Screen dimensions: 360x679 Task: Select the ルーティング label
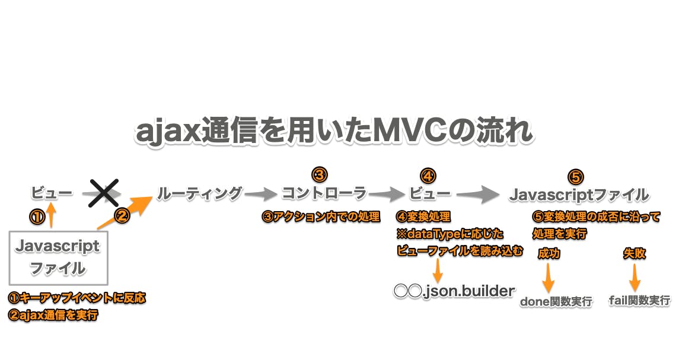coord(200,193)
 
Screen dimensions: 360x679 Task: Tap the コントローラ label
coord(324,194)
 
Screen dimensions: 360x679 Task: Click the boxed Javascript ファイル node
coord(58,257)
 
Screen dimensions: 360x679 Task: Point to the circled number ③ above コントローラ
coord(319,174)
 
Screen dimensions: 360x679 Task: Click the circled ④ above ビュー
coord(428,176)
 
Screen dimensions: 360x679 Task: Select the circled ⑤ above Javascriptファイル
coord(576,176)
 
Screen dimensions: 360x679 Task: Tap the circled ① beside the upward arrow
coord(37,217)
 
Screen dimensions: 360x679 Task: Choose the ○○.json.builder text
coord(454,291)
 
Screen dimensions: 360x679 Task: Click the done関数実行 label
coord(556,301)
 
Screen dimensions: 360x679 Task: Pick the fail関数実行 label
coord(639,300)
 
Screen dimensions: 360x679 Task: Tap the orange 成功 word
coord(549,254)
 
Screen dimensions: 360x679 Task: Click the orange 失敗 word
coord(634,253)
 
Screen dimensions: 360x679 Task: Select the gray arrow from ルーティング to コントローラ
coord(262,194)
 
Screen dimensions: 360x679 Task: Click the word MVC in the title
coord(407,132)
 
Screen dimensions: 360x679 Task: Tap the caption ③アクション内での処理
coord(321,217)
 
